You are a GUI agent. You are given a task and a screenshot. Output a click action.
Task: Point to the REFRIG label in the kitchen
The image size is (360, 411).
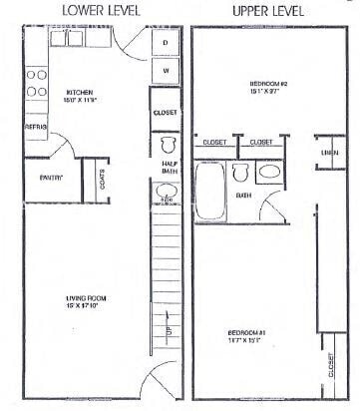tap(35, 129)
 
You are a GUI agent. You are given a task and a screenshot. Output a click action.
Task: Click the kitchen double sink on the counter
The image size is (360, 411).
tap(68, 40)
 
